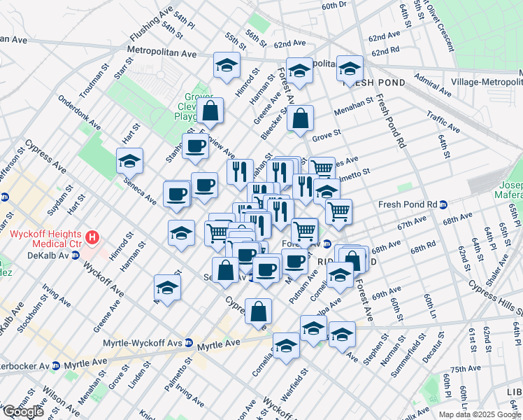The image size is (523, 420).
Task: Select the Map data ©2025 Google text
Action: pyautogui.click(x=480, y=414)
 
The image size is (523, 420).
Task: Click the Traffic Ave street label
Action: pyautogui.click(x=443, y=124)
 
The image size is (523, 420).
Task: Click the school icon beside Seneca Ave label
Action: pyautogui.click(x=129, y=161)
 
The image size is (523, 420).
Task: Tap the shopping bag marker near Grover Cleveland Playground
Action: pyautogui.click(x=210, y=110)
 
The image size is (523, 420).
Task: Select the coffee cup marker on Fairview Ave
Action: pyautogui.click(x=195, y=146)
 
